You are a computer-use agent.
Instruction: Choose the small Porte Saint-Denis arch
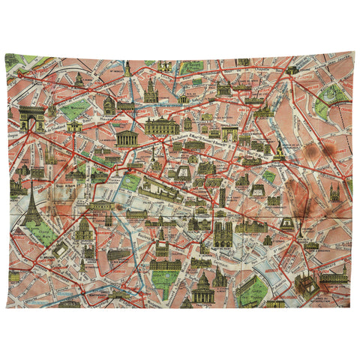click(229, 135)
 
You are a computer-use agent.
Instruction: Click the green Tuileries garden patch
click(131, 181)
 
